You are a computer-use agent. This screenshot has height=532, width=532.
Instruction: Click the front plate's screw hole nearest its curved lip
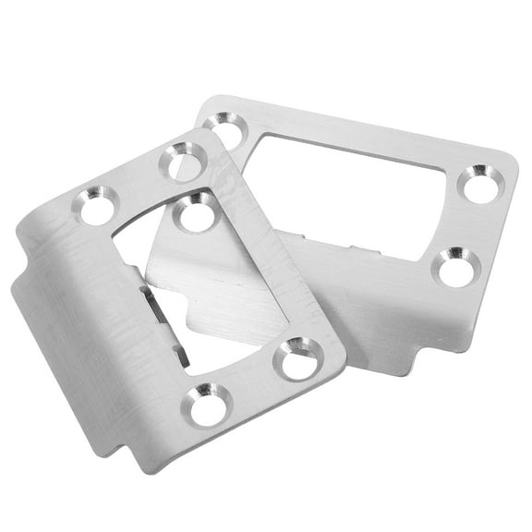tap(97, 205)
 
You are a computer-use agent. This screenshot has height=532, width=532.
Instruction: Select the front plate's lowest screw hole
tap(207, 404)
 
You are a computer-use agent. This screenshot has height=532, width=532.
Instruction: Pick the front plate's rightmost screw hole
tap(297, 357)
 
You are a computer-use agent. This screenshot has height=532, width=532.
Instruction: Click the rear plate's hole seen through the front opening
tap(196, 214)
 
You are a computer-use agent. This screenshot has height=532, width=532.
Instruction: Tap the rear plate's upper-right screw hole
tap(478, 184)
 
